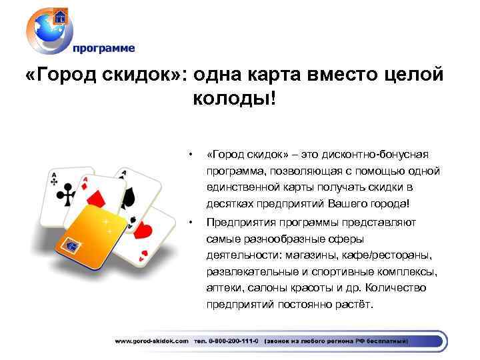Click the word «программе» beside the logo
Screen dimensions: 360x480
coord(103,48)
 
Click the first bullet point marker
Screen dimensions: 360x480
coord(191,154)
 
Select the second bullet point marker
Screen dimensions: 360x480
coord(191,222)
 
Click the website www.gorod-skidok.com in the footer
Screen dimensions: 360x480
coord(151,341)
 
